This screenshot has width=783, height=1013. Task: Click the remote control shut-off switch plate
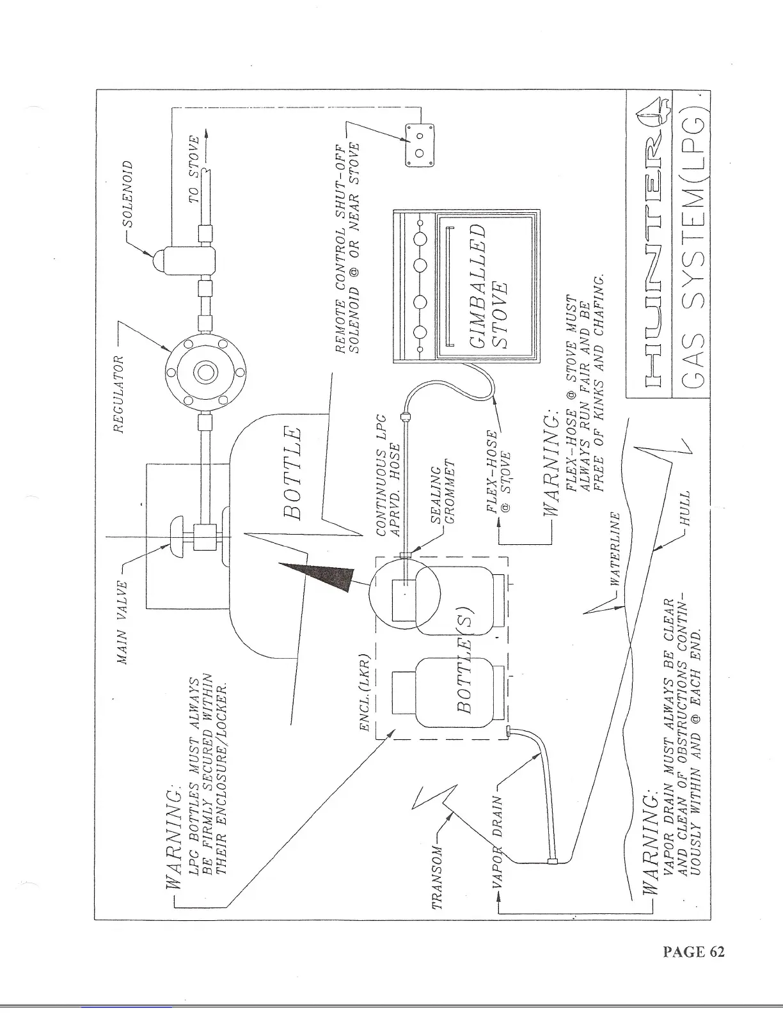pos(420,145)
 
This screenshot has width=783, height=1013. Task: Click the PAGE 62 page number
pos(693,952)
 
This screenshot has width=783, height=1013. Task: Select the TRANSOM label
pos(438,877)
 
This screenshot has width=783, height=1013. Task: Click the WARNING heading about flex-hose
pos(550,464)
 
